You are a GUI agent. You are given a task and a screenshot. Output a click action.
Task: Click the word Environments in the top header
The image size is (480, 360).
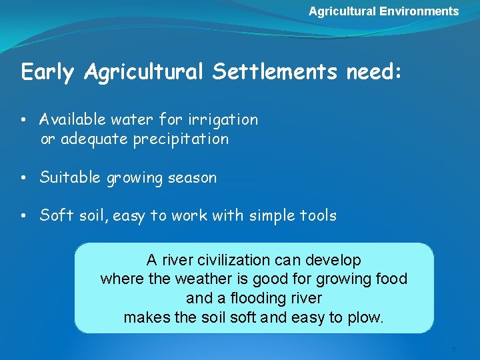coord(419,11)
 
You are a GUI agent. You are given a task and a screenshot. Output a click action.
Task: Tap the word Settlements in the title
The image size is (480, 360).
coord(275,72)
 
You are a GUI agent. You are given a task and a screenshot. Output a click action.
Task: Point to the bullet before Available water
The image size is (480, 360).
coord(23,121)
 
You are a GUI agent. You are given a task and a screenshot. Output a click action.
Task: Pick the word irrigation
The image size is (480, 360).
coord(224,120)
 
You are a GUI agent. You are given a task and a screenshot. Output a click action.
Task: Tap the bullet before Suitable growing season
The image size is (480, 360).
coord(23,179)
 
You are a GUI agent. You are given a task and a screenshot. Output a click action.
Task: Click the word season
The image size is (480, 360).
coord(193,178)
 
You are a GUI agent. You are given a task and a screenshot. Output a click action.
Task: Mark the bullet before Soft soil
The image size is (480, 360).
coord(23,217)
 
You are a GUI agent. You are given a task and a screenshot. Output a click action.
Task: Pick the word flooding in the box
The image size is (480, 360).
coord(254,298)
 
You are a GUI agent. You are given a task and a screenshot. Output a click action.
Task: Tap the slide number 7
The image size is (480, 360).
coord(453,350)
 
